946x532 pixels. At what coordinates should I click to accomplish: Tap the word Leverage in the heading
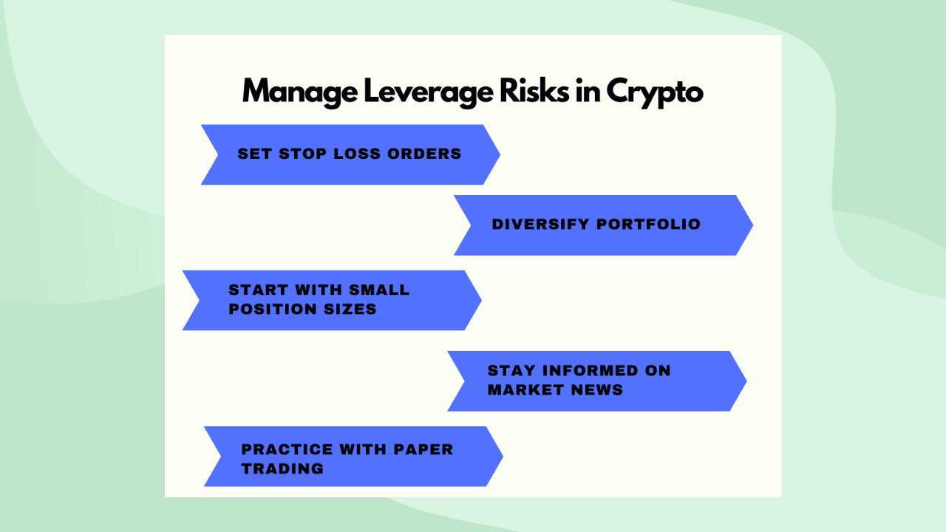point(428,92)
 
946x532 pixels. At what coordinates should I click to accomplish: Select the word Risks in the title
point(534,90)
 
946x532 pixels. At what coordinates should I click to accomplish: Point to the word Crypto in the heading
point(655,93)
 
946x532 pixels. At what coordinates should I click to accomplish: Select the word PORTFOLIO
point(648,224)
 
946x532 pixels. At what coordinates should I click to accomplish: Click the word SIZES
point(350,309)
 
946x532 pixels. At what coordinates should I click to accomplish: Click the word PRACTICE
point(287,450)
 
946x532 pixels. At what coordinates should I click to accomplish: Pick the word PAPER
point(423,450)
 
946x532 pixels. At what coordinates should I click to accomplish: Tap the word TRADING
point(282,468)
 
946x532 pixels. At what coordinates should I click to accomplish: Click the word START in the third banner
point(258,290)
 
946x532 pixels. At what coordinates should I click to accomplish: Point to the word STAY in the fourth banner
point(511,371)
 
